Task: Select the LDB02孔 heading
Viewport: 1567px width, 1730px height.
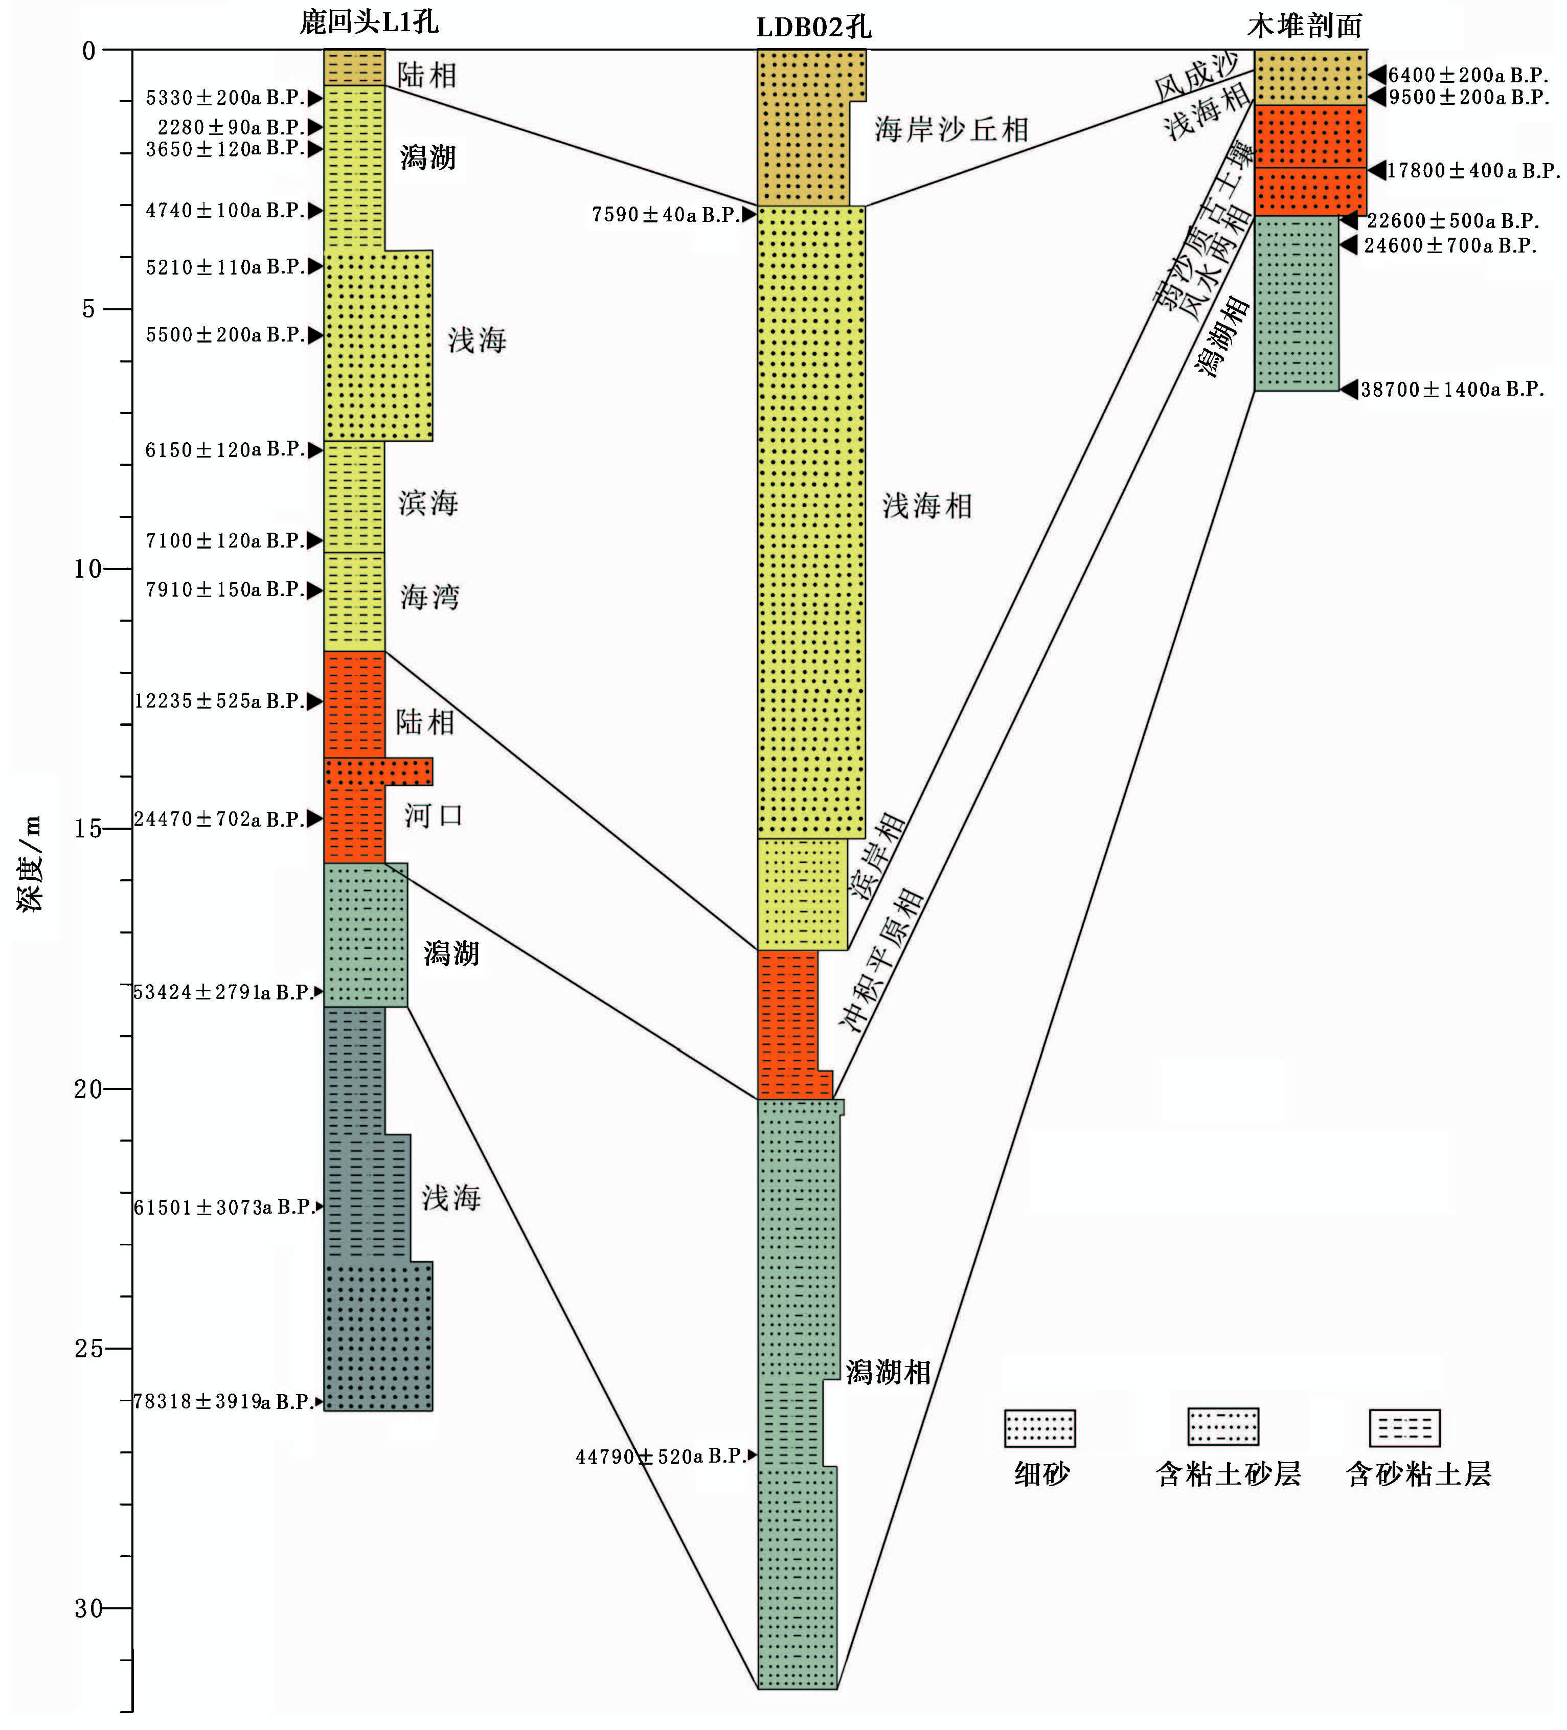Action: [813, 27]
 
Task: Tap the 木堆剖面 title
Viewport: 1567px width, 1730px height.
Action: [1304, 26]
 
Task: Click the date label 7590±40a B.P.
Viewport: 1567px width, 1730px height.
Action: [665, 215]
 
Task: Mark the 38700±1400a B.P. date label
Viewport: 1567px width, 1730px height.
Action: [1452, 390]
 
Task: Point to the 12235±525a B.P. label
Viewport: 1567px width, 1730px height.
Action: [219, 701]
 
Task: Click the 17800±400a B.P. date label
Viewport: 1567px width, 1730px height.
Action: [1472, 171]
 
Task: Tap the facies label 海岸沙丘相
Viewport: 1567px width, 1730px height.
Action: [951, 129]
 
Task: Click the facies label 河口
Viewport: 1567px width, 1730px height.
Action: [434, 815]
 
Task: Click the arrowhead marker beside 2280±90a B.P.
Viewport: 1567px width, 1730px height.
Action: [315, 127]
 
